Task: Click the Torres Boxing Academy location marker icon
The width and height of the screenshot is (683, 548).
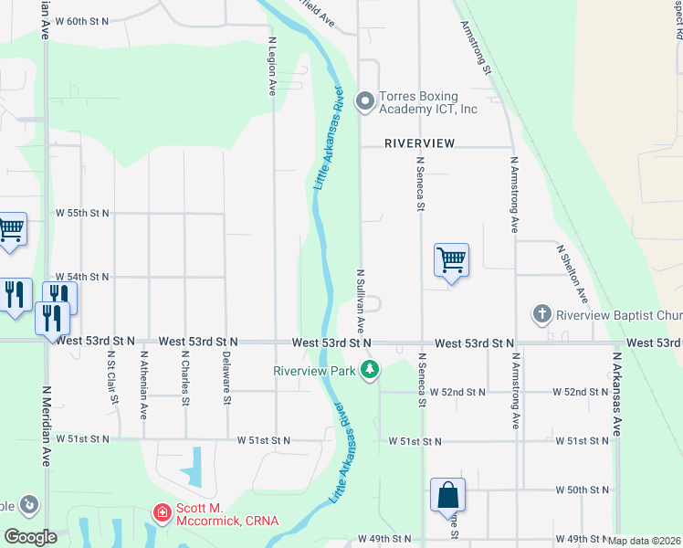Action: coord(365,100)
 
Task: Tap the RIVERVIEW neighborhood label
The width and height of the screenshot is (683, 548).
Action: coord(419,143)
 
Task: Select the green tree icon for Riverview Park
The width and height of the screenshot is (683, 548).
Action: coord(370,370)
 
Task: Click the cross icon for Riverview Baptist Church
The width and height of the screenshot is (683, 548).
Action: coord(542,315)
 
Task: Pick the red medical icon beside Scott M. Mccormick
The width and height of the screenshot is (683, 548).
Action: coord(162,514)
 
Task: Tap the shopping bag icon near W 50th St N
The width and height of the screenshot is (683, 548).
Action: coord(447,496)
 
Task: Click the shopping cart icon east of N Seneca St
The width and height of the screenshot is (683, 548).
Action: coord(452,260)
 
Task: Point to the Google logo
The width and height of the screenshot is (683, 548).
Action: coord(30,537)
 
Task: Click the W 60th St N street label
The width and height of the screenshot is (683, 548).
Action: coord(81,20)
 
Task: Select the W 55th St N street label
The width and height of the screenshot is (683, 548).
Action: coord(82,213)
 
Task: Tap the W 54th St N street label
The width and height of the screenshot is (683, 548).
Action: coord(82,276)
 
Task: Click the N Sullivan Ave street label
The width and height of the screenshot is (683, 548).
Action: coord(361,300)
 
